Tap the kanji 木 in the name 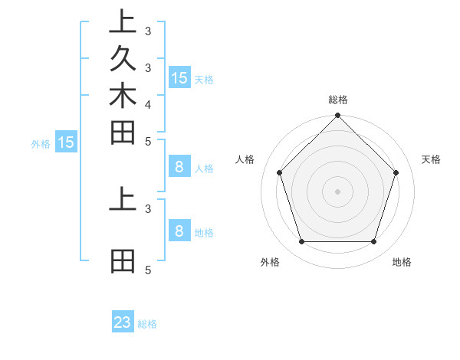(123, 97)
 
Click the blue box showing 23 (123, 322)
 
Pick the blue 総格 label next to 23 (147, 324)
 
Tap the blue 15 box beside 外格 (66, 142)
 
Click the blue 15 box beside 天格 (179, 77)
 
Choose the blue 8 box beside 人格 (179, 167)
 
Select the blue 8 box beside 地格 (179, 231)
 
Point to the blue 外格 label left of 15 (41, 143)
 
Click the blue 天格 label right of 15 (203, 79)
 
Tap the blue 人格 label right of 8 (204, 169)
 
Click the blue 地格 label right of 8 (204, 232)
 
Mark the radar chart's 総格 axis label (337, 100)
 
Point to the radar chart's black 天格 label (431, 159)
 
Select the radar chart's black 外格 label (270, 262)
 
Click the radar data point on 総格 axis (337, 116)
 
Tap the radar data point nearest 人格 (280, 172)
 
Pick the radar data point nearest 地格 (373, 242)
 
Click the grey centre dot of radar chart (337, 191)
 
